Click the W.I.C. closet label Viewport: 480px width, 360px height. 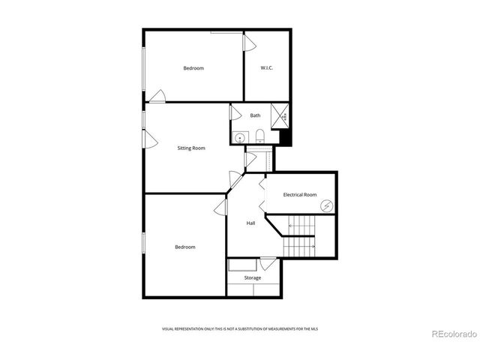(266, 68)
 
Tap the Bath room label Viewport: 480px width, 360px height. (256, 115)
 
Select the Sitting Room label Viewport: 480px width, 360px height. (191, 148)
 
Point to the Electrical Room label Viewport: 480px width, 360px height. (299, 194)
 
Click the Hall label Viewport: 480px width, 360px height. (252, 223)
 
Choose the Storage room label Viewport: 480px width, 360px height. (253, 278)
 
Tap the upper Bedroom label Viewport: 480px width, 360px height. (193, 68)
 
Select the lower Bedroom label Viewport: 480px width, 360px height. (185, 247)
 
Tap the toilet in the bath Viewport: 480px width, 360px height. (259, 136)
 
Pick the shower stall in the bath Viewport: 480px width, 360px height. (281, 117)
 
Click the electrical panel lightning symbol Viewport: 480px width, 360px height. (326, 206)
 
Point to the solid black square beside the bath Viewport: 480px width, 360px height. (284, 138)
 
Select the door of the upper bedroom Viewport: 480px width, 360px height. (157, 96)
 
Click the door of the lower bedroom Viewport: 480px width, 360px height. (221, 207)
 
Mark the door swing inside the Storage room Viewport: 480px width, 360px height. (268, 263)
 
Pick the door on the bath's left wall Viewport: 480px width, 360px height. (235, 114)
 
